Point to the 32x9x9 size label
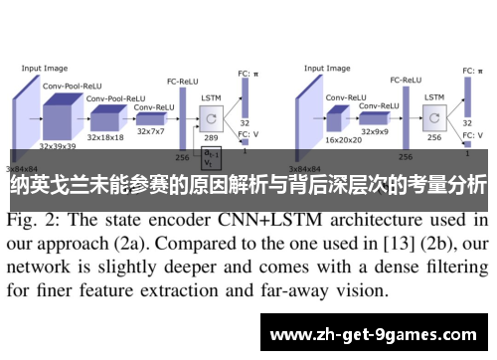click(379, 130)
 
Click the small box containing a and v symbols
click(212, 159)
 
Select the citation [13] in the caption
click(345, 243)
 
